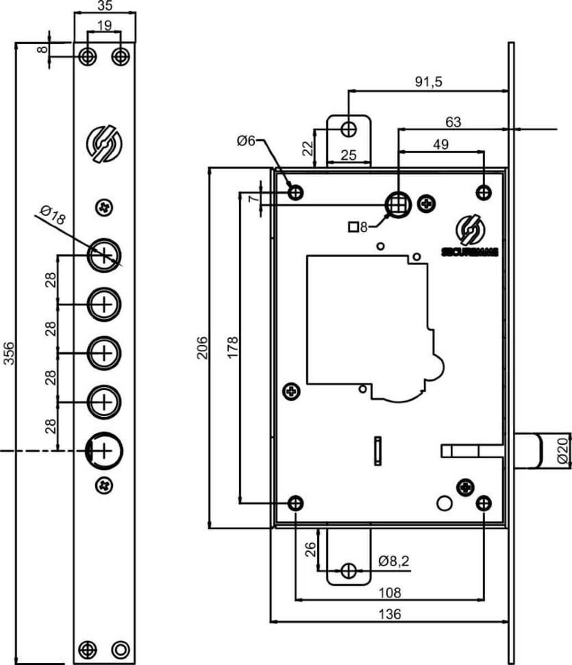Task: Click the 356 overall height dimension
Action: click(x=9, y=353)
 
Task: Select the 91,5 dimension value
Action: click(x=429, y=81)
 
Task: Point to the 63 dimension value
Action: click(x=452, y=122)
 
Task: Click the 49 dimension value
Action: click(x=441, y=144)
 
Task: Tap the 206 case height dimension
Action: click(x=203, y=347)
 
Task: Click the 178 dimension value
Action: click(x=233, y=347)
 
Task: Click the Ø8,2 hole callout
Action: click(x=394, y=561)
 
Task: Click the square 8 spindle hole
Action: click(x=398, y=204)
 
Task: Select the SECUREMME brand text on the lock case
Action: click(x=470, y=252)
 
